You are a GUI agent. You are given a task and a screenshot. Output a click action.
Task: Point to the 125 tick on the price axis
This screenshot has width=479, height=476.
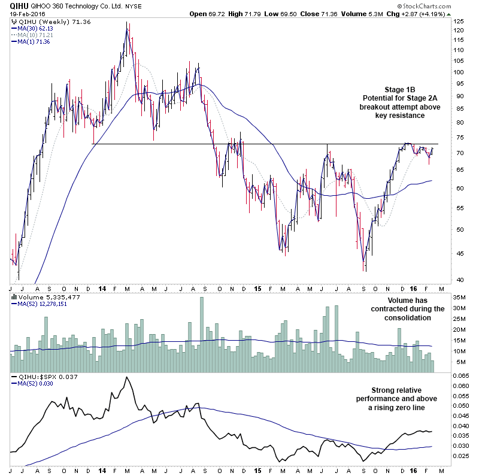click(x=458, y=22)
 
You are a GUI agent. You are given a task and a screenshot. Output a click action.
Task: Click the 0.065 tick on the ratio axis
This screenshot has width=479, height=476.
click(x=460, y=375)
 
